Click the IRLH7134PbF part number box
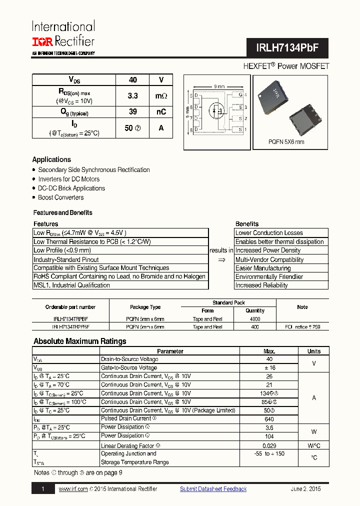click(286, 48)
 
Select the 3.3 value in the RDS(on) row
click(132, 95)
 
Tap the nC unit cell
click(161, 112)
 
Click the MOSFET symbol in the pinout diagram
click(217, 110)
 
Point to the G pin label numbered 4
click(240, 94)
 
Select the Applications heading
click(51, 159)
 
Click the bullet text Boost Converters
click(61, 197)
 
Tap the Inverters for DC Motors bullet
click(69, 179)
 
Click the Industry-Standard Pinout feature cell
click(66, 259)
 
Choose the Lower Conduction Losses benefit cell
click(269, 233)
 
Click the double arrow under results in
click(221, 259)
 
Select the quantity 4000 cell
click(255, 318)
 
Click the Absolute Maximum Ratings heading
click(79, 341)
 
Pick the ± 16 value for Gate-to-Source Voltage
click(269, 367)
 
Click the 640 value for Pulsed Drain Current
click(269, 419)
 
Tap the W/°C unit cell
click(313, 445)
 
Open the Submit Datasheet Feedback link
click(213, 489)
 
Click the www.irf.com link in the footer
click(73, 489)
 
